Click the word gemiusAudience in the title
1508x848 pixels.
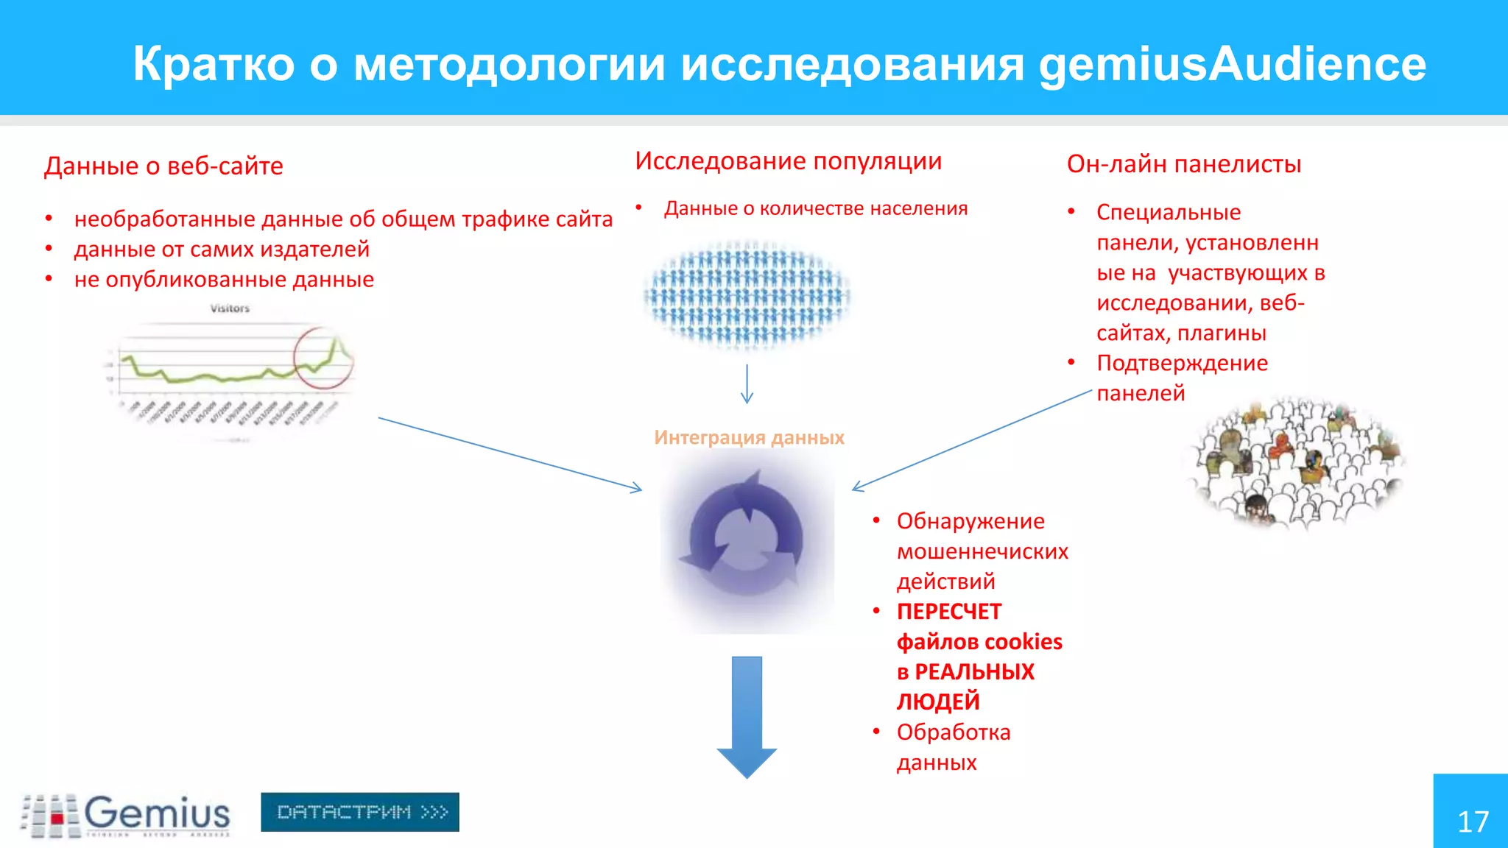pyautogui.click(x=1232, y=64)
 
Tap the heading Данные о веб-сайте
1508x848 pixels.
pyautogui.click(x=163, y=166)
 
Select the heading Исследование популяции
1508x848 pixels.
pyautogui.click(x=788, y=160)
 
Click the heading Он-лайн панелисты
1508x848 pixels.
pyautogui.click(x=1183, y=163)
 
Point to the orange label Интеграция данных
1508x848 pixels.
pyautogui.click(x=749, y=437)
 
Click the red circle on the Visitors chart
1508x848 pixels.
pyautogui.click(x=323, y=358)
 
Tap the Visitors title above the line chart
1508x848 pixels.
pyautogui.click(x=230, y=308)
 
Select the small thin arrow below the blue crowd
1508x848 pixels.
pyautogui.click(x=747, y=384)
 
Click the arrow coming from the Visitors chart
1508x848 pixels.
pyautogui.click(x=508, y=453)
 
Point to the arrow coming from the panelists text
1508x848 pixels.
pyautogui.click(x=972, y=440)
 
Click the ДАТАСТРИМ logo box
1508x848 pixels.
pyautogui.click(x=360, y=812)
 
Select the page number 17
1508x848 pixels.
pyautogui.click(x=1473, y=821)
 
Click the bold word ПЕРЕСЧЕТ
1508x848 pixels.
pyautogui.click(x=949, y=612)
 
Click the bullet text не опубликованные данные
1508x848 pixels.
pyautogui.click(x=224, y=280)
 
